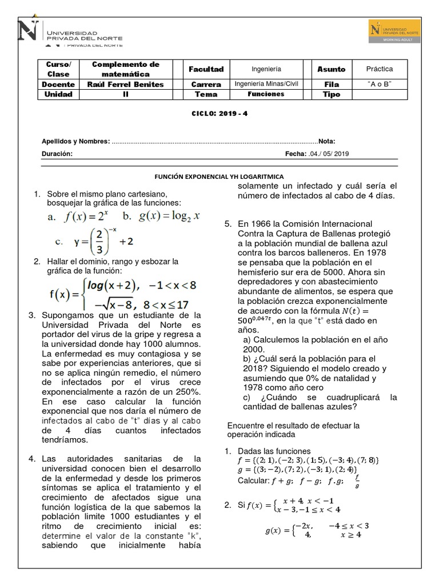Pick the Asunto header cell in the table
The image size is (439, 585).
[332, 69]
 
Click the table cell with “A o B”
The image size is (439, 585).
[380, 85]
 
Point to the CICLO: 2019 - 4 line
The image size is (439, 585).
[219, 113]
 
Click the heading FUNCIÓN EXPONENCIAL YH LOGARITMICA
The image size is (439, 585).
[219, 177]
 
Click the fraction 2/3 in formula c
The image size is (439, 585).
[98, 241]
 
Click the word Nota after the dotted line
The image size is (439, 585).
[327, 141]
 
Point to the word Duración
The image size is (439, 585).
[57, 154]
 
